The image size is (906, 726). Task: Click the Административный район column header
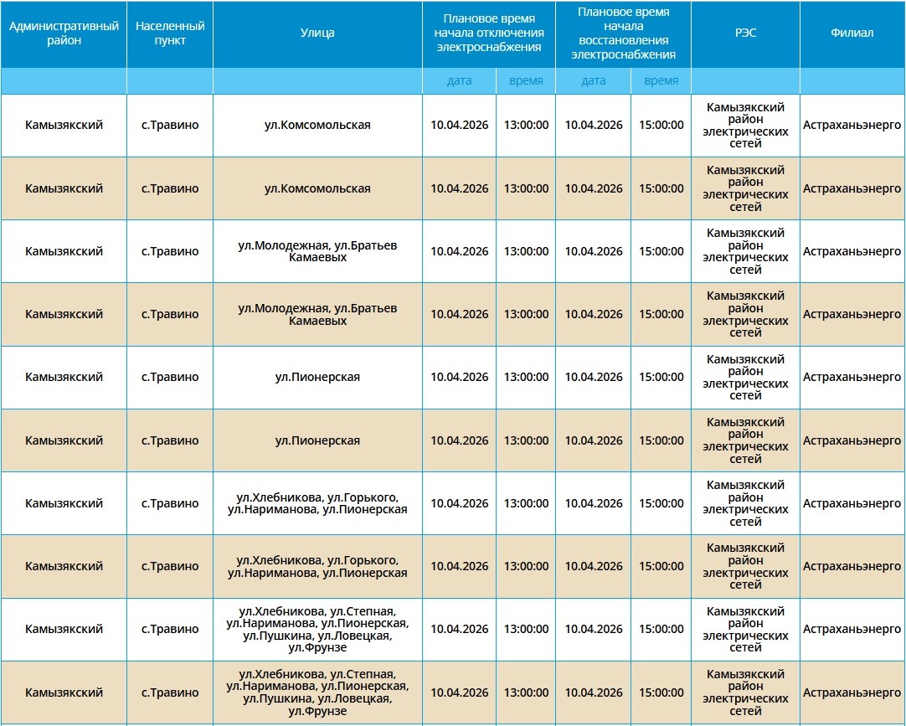[64, 33]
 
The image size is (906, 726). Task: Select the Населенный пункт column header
[170, 33]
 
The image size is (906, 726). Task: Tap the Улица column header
[317, 33]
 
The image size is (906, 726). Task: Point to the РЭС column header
[745, 33]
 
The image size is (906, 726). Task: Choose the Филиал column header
[852, 33]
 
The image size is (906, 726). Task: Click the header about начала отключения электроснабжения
[489, 33]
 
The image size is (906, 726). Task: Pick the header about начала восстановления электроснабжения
[623, 33]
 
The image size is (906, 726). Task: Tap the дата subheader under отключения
[460, 81]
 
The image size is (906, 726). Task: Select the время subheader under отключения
[526, 81]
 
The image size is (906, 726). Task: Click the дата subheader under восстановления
[594, 81]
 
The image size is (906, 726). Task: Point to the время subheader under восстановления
[661, 81]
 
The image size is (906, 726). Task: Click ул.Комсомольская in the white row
[317, 126]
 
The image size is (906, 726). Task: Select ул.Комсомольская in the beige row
[317, 188]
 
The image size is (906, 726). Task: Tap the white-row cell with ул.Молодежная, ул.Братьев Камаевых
[317, 251]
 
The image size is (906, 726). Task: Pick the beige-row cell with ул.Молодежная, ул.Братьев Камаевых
[317, 314]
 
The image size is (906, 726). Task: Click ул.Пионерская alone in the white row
[317, 378]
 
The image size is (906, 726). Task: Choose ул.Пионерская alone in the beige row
[317, 440]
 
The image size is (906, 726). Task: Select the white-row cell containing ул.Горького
[317, 503]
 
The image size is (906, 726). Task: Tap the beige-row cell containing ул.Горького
[317, 566]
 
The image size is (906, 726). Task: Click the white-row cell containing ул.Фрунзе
[317, 630]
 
